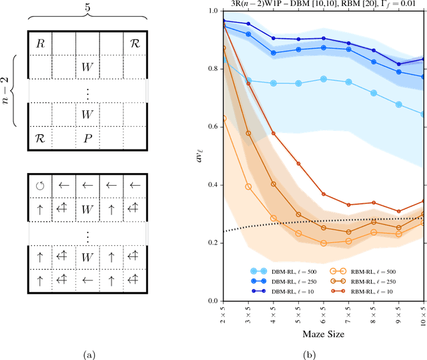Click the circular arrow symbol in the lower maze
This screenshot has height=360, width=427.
pyautogui.click(x=39, y=187)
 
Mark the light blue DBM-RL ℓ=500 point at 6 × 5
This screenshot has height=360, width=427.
pyautogui.click(x=323, y=79)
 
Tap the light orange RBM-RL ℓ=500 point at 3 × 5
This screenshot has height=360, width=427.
pyautogui.click(x=248, y=187)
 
